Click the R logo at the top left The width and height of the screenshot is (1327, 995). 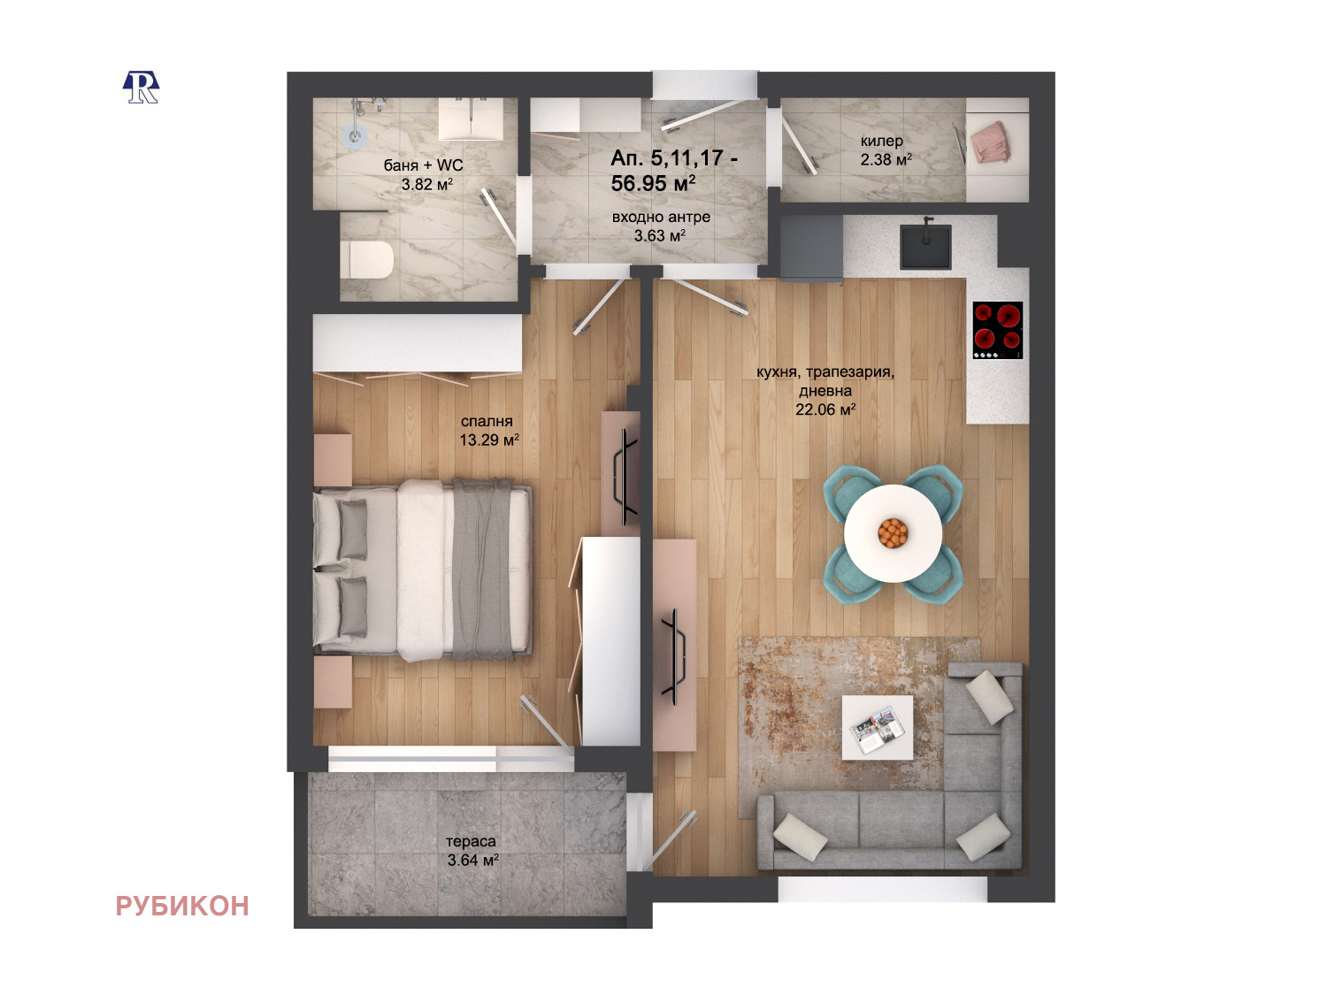141,88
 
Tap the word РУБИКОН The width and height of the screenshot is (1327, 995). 182,907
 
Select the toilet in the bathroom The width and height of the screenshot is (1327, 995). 367,260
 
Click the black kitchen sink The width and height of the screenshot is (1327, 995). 925,247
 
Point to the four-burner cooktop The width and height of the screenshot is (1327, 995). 998,331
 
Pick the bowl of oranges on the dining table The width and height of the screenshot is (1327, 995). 893,532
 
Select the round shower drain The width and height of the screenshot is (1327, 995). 356,136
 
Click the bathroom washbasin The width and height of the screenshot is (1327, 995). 471,119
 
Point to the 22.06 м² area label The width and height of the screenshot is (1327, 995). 825,409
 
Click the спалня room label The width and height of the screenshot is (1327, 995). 487,421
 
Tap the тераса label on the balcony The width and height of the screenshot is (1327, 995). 471,841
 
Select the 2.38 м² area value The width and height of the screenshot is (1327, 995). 886,159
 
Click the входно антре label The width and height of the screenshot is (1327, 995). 661,217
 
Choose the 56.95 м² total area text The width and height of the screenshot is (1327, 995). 653,183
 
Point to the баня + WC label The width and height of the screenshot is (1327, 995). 423,165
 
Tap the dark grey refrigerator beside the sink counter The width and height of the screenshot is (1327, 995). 811,249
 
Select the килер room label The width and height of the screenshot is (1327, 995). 882,141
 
